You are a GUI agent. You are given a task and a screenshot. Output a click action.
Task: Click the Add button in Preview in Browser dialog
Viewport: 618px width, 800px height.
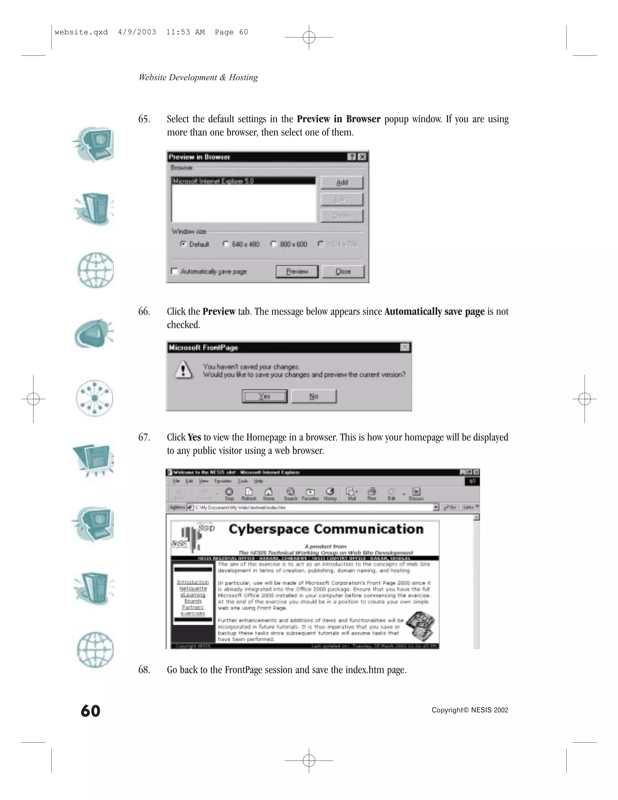pos(342,182)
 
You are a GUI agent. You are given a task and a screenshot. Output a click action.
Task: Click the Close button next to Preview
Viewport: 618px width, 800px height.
pos(343,271)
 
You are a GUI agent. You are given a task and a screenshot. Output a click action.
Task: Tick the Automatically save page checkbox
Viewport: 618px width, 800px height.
pos(175,271)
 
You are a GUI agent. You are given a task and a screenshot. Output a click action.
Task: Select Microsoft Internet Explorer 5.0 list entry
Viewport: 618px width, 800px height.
pos(243,181)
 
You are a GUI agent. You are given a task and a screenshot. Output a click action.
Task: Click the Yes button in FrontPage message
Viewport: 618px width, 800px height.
pos(264,396)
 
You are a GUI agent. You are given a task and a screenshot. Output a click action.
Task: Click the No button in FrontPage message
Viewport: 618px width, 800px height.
pos(314,396)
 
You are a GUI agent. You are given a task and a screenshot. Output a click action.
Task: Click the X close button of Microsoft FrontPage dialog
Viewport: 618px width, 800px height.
pos(405,347)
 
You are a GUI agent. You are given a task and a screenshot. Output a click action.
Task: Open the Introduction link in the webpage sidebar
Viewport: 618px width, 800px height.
pos(193,582)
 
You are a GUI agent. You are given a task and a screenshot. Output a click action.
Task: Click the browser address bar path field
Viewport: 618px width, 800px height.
pos(313,507)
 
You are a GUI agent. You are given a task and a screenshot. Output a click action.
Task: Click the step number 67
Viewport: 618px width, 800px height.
pos(144,437)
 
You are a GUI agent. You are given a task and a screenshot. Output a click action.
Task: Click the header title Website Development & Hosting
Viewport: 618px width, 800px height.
pos(198,77)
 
